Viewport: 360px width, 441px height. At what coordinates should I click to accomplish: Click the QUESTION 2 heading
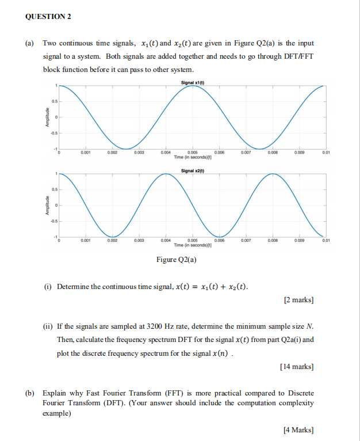pos(49,16)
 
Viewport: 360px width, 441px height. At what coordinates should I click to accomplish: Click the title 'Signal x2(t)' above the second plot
pos(193,171)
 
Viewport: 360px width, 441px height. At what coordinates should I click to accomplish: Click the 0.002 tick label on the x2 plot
pos(112,241)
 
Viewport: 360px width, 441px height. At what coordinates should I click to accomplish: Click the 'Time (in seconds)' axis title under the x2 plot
pos(193,245)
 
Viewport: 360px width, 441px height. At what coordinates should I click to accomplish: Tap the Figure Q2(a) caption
pos(177,260)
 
